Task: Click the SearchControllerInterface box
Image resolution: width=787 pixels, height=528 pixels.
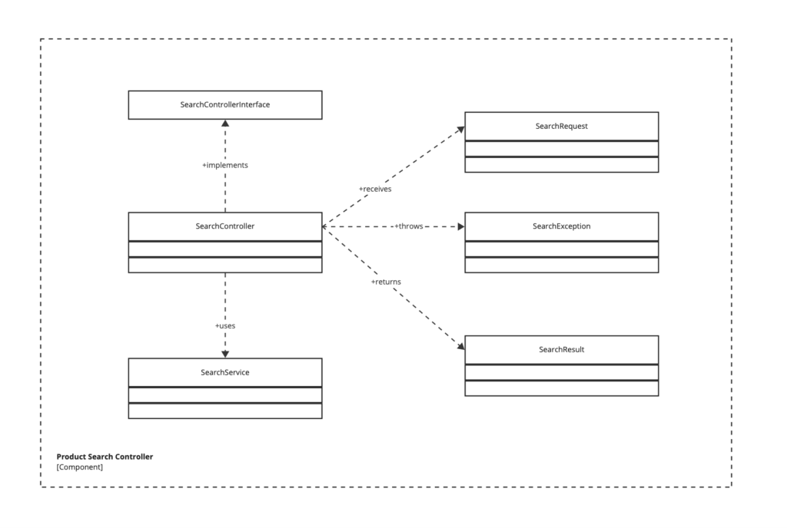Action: [224, 105]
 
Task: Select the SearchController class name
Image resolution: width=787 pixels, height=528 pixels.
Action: [224, 226]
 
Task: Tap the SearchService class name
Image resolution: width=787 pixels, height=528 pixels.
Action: [224, 372]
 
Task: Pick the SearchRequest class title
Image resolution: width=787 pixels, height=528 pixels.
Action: [561, 126]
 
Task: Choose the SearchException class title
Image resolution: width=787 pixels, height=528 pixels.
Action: [561, 226]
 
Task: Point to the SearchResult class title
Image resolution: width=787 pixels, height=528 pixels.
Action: [561, 349]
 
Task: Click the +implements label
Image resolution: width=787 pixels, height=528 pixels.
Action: [224, 165]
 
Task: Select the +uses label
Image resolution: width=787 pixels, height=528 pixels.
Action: [224, 325]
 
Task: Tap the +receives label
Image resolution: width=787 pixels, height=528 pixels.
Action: [375, 189]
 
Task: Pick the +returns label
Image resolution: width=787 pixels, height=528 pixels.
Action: [386, 282]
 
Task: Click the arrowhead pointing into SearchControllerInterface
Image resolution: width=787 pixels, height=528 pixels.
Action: [224, 124]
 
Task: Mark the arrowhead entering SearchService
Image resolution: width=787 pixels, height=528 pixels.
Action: [224, 354]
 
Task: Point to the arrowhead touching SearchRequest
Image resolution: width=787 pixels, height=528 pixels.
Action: [460, 129]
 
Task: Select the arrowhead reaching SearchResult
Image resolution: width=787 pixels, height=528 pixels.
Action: [460, 346]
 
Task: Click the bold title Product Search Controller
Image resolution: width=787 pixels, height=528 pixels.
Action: [105, 457]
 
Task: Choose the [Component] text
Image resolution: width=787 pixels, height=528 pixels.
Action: [79, 467]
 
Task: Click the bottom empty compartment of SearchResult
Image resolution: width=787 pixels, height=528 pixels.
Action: [561, 388]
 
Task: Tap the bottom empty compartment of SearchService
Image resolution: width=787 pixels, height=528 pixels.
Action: [224, 411]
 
